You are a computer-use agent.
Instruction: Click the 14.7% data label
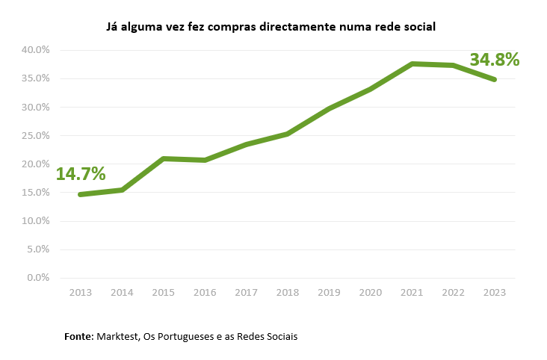click(x=81, y=175)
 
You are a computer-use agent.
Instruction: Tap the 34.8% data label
click(x=494, y=60)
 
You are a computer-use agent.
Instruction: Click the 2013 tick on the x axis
click(x=80, y=293)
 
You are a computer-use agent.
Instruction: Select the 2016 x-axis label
click(x=205, y=293)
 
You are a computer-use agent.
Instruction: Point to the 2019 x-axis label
click(x=329, y=293)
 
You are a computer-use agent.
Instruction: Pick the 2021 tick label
click(x=412, y=293)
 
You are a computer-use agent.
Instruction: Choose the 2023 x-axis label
click(x=495, y=293)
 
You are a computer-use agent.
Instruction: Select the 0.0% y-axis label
click(x=37, y=278)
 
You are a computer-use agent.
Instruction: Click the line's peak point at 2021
click(x=412, y=63)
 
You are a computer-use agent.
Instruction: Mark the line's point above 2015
click(x=163, y=158)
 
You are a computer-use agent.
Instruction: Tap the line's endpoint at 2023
click(x=494, y=79)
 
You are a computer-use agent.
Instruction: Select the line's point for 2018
click(x=288, y=134)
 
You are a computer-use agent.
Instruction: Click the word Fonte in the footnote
click(x=78, y=337)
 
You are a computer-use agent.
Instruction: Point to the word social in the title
click(x=419, y=27)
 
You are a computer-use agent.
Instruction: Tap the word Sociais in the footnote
click(x=279, y=337)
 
